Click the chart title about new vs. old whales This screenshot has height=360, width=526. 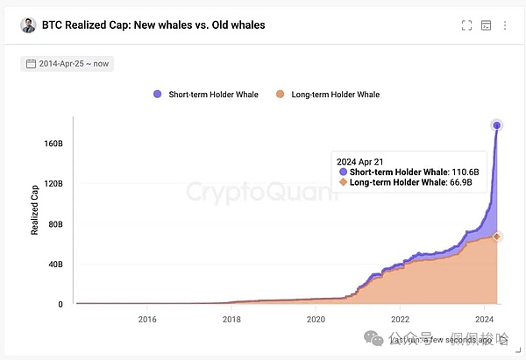(153, 25)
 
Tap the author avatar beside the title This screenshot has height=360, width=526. (28, 25)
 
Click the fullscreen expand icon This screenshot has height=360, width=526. (467, 25)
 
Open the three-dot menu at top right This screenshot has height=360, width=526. (505, 25)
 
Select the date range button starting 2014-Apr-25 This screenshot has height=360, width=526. (67, 64)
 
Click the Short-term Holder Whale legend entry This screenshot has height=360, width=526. (208, 95)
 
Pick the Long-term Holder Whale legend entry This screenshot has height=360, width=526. (328, 95)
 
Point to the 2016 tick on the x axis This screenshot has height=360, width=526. (147, 320)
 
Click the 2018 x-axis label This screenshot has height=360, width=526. (231, 320)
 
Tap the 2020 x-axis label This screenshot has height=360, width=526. (316, 320)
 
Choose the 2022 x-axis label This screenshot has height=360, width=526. (400, 320)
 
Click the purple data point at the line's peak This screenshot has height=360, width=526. (497, 125)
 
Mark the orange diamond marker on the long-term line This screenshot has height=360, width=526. (497, 236)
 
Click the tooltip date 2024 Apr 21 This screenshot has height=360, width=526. (361, 160)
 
